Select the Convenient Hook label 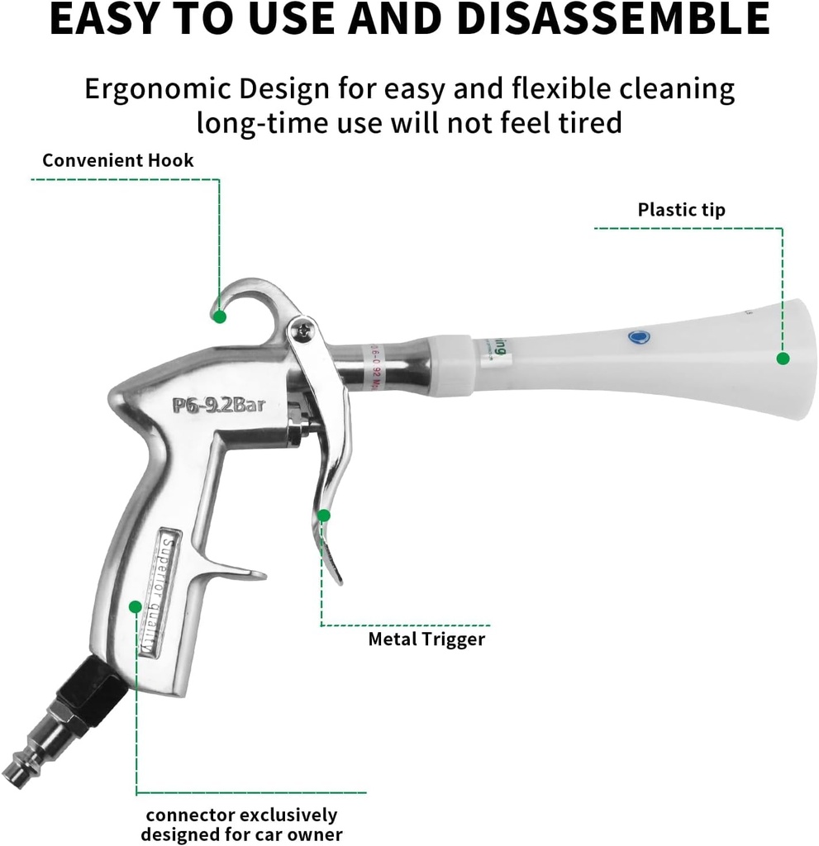pyautogui.click(x=118, y=159)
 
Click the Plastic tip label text pyautogui.click(x=681, y=209)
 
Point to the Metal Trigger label pyautogui.click(x=426, y=639)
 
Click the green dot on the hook pyautogui.click(x=219, y=316)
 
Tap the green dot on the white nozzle pyautogui.click(x=782, y=358)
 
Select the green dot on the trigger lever pyautogui.click(x=324, y=515)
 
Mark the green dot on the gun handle pyautogui.click(x=135, y=606)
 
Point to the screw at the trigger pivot pyautogui.click(x=304, y=330)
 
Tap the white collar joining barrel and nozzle pyautogui.click(x=450, y=363)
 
